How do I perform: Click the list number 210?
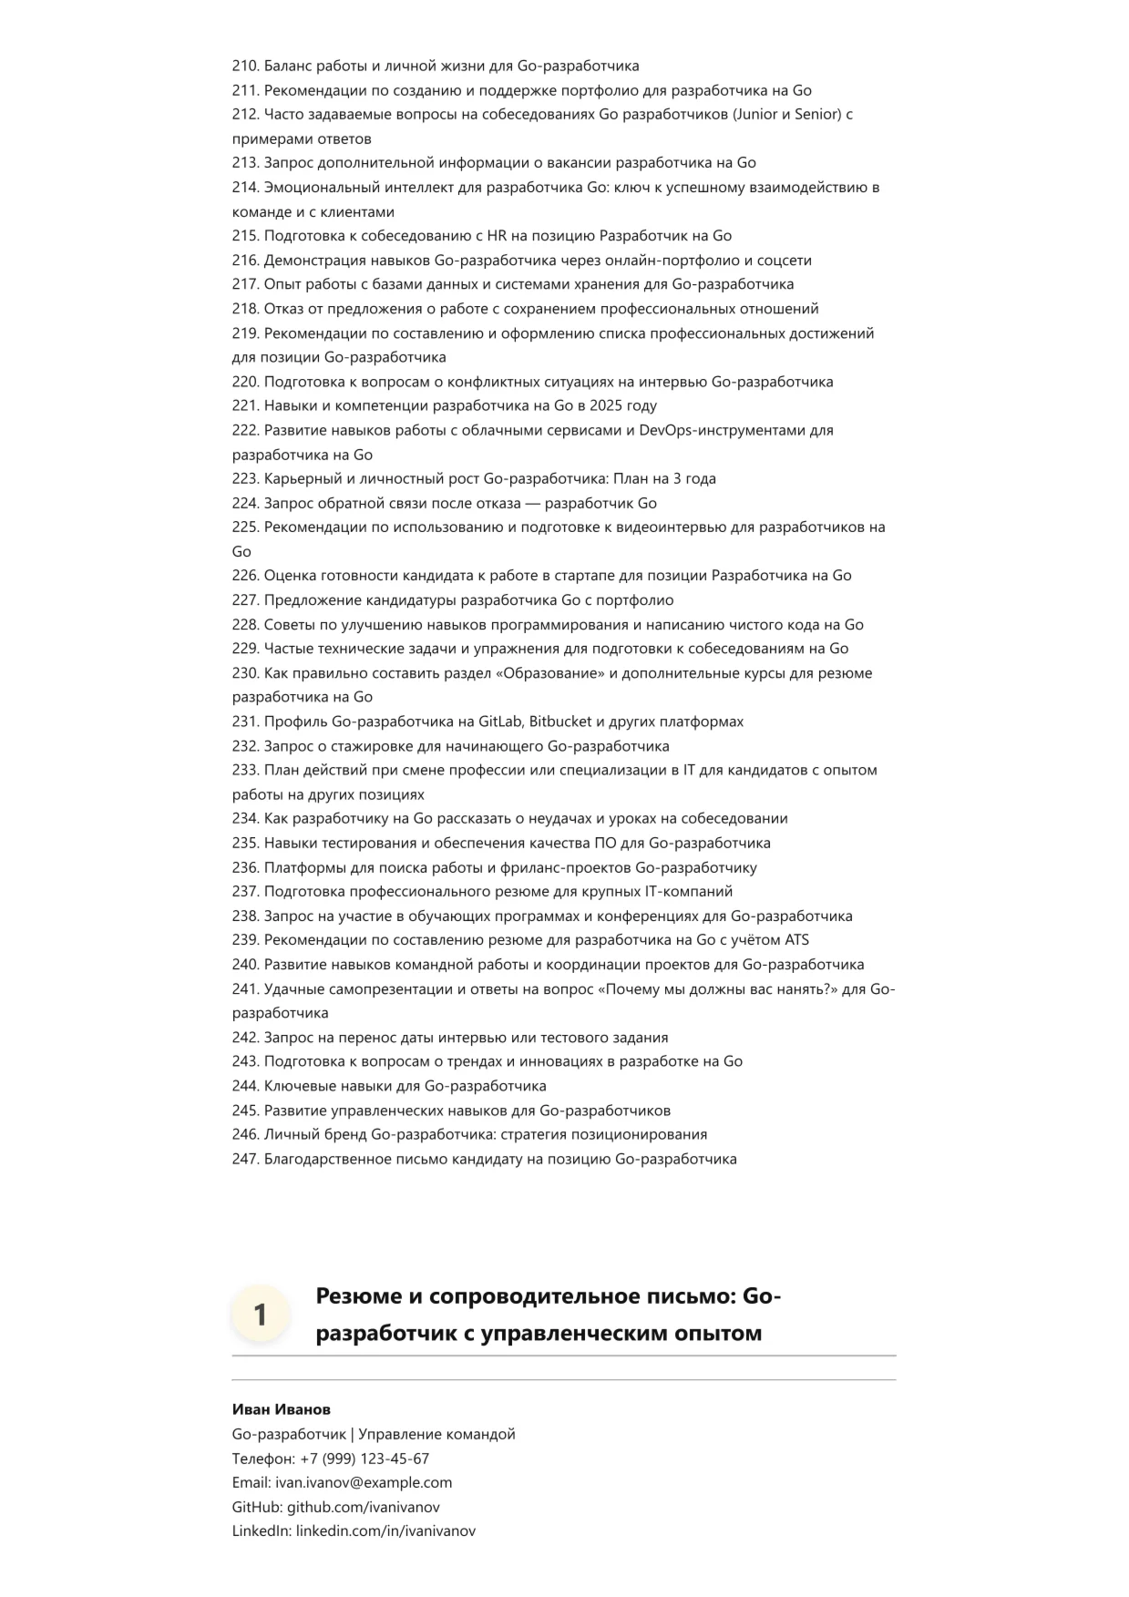tap(245, 66)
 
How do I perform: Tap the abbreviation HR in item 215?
tap(498, 235)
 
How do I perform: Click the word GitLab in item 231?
tap(500, 722)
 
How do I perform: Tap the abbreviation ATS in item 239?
tap(796, 939)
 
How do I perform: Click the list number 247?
tap(245, 1159)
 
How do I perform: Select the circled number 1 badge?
tap(260, 1315)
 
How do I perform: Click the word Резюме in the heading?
tap(361, 1295)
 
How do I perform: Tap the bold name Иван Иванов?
tap(282, 1409)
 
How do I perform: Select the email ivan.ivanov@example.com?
tap(364, 1482)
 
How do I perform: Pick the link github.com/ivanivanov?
tap(364, 1507)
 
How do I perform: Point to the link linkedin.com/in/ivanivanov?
tap(385, 1530)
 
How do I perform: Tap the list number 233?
tap(245, 770)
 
